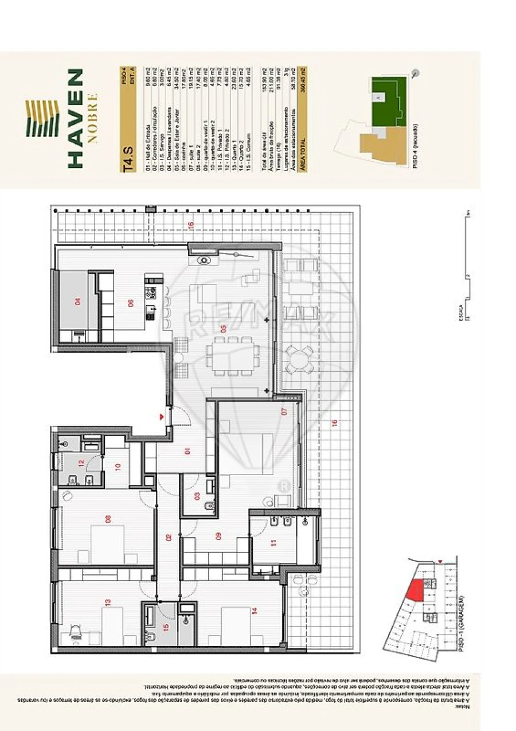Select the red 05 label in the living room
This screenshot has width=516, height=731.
point(223,329)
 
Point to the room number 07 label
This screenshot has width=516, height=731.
point(283,411)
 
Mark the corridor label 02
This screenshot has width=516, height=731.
point(169,538)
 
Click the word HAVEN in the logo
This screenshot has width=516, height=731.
point(75,119)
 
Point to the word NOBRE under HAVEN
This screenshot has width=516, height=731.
point(93,119)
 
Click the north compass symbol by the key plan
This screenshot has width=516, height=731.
point(415,73)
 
